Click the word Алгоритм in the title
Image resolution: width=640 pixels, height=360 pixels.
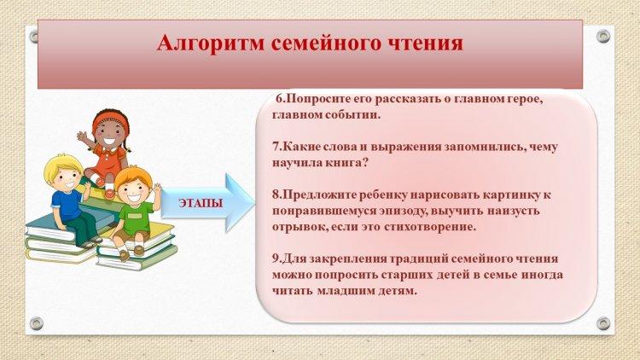coord(211,43)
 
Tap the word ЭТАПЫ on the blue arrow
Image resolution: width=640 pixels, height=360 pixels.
coord(201,203)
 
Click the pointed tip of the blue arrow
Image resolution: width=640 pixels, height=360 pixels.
coord(254,202)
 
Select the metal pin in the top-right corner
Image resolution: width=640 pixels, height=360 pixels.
coord(603,37)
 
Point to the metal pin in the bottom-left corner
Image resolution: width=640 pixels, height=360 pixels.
coord(37,323)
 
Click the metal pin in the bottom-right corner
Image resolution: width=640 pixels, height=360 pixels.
coord(603,323)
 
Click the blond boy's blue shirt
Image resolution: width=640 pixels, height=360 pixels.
coord(66,205)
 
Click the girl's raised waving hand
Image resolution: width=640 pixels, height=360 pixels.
coord(83,136)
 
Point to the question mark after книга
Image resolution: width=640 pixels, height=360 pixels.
coord(365,163)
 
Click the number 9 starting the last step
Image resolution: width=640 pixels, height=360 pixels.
coord(276,258)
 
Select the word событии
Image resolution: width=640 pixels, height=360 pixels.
coord(352,115)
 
